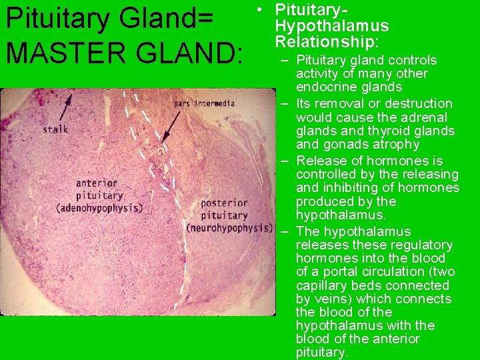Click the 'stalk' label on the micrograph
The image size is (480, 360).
pos(55,129)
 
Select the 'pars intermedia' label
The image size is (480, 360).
pos(204,103)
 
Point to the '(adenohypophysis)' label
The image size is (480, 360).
pos(99,208)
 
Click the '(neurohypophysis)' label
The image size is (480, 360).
pos(229,228)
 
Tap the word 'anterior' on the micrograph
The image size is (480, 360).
pos(97,183)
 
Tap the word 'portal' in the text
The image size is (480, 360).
pos(336,272)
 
